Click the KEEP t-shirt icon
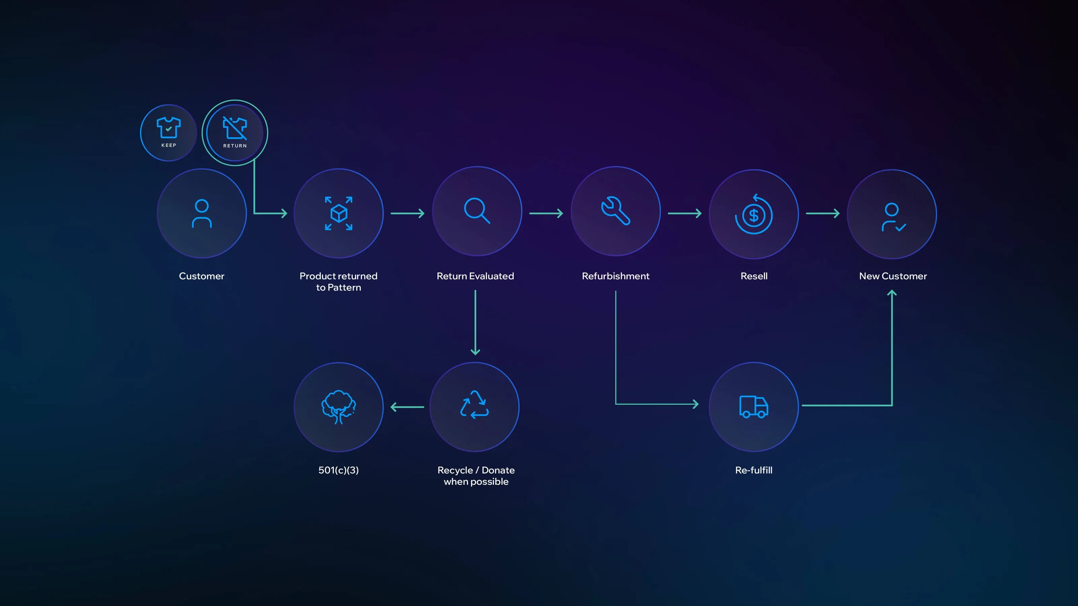point(168,128)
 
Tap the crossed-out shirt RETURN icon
point(235,128)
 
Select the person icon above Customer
point(202,213)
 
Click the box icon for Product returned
point(339,213)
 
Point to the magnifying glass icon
point(477,210)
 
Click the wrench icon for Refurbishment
point(615,210)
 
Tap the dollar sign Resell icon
point(754,214)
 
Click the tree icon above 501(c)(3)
point(339,406)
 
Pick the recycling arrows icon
point(475,405)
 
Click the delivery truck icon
point(754,406)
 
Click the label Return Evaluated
point(475,276)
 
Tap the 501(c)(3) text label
point(339,470)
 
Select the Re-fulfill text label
point(754,470)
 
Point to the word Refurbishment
point(615,276)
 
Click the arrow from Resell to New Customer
point(823,213)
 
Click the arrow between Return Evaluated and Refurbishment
point(546,213)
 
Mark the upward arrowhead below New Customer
point(892,294)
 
